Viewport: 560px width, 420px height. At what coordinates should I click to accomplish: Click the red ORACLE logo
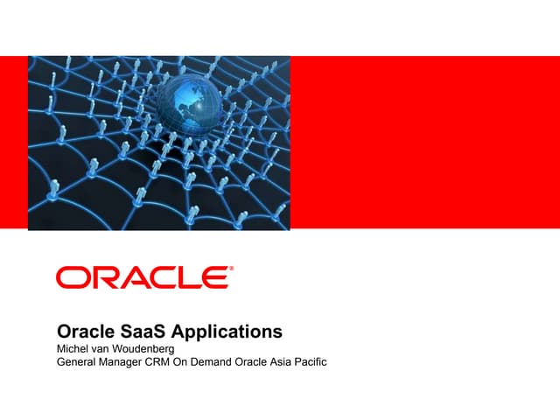tap(144, 278)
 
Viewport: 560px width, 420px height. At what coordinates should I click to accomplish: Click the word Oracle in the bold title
tap(84, 332)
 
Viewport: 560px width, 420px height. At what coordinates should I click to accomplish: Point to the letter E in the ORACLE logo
tap(214, 278)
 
